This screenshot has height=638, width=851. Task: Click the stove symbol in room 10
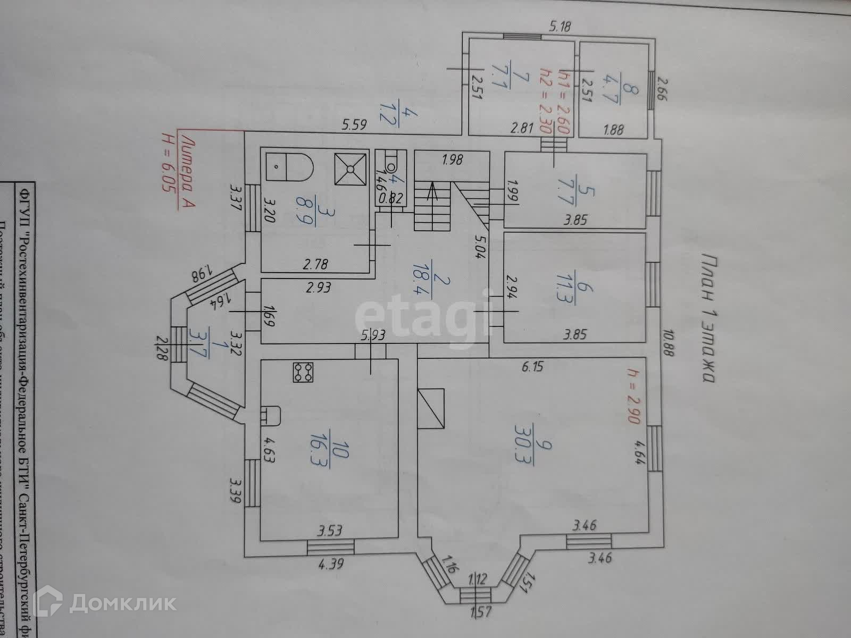pos(303,372)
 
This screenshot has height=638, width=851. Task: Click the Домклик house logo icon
pos(55,603)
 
